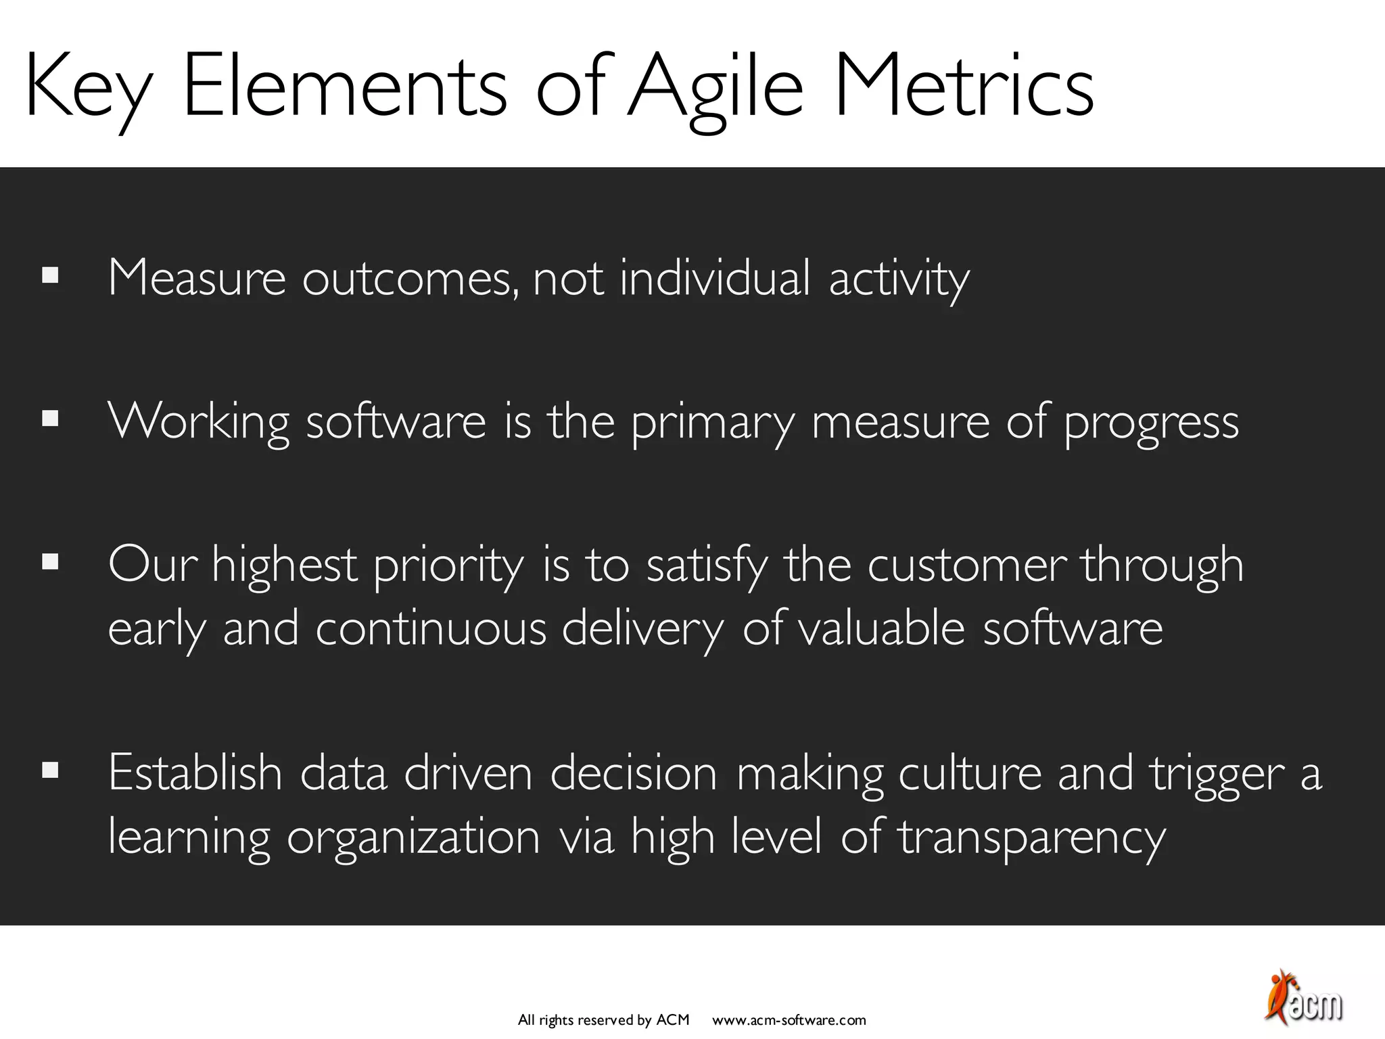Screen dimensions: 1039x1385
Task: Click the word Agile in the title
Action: pos(715,88)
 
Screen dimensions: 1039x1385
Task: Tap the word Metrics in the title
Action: pos(963,88)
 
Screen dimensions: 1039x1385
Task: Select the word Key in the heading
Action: pos(88,88)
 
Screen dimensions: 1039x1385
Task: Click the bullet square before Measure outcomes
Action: pos(50,276)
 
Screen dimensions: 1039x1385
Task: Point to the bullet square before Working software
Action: pos(50,419)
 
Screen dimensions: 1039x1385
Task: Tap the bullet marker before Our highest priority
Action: pos(50,562)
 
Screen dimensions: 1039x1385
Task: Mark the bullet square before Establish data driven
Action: pos(50,770)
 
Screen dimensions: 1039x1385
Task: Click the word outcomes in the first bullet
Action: pos(410,279)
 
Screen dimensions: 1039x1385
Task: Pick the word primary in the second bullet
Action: pos(713,423)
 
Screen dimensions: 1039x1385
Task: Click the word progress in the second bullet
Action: pos(1151,423)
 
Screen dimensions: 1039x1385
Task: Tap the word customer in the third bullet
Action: pos(967,565)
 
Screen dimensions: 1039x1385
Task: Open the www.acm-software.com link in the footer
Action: pos(789,1020)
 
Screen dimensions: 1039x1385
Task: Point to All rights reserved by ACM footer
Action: pos(603,1020)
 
